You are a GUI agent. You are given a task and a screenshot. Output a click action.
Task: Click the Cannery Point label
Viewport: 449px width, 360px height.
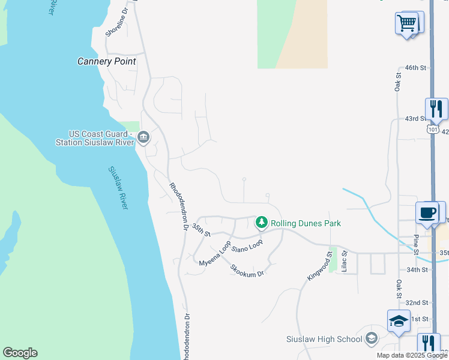pyautogui.click(x=107, y=61)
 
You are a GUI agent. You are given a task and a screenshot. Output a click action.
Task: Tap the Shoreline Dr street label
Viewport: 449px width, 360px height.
pyautogui.click(x=117, y=23)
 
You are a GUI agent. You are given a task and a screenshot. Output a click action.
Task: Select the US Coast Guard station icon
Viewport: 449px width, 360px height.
pyautogui.click(x=143, y=138)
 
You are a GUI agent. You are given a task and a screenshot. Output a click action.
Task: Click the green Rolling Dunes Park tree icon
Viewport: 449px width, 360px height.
pyautogui.click(x=262, y=223)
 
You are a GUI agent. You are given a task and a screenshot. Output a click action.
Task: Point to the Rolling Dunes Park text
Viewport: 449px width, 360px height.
pyautogui.click(x=306, y=223)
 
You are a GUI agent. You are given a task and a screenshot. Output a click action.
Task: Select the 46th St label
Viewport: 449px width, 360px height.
pyautogui.click(x=415, y=68)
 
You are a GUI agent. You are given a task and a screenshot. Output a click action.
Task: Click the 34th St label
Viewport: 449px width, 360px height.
pyautogui.click(x=416, y=270)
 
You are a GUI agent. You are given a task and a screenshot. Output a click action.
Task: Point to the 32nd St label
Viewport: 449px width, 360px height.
pyautogui.click(x=416, y=302)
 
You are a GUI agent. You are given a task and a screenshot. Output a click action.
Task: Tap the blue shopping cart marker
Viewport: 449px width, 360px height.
pyautogui.click(x=407, y=24)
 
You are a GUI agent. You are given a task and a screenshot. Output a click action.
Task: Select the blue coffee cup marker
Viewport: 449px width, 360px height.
pyautogui.click(x=428, y=213)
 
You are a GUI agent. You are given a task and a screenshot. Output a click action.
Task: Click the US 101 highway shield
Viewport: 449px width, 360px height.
pyautogui.click(x=432, y=130)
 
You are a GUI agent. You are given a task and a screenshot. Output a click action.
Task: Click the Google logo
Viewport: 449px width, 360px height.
pyautogui.click(x=20, y=353)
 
